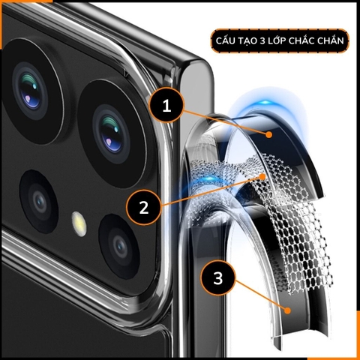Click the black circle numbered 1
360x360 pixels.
[166, 107]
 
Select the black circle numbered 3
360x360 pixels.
[217, 279]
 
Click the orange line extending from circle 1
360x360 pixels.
[225, 121]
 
